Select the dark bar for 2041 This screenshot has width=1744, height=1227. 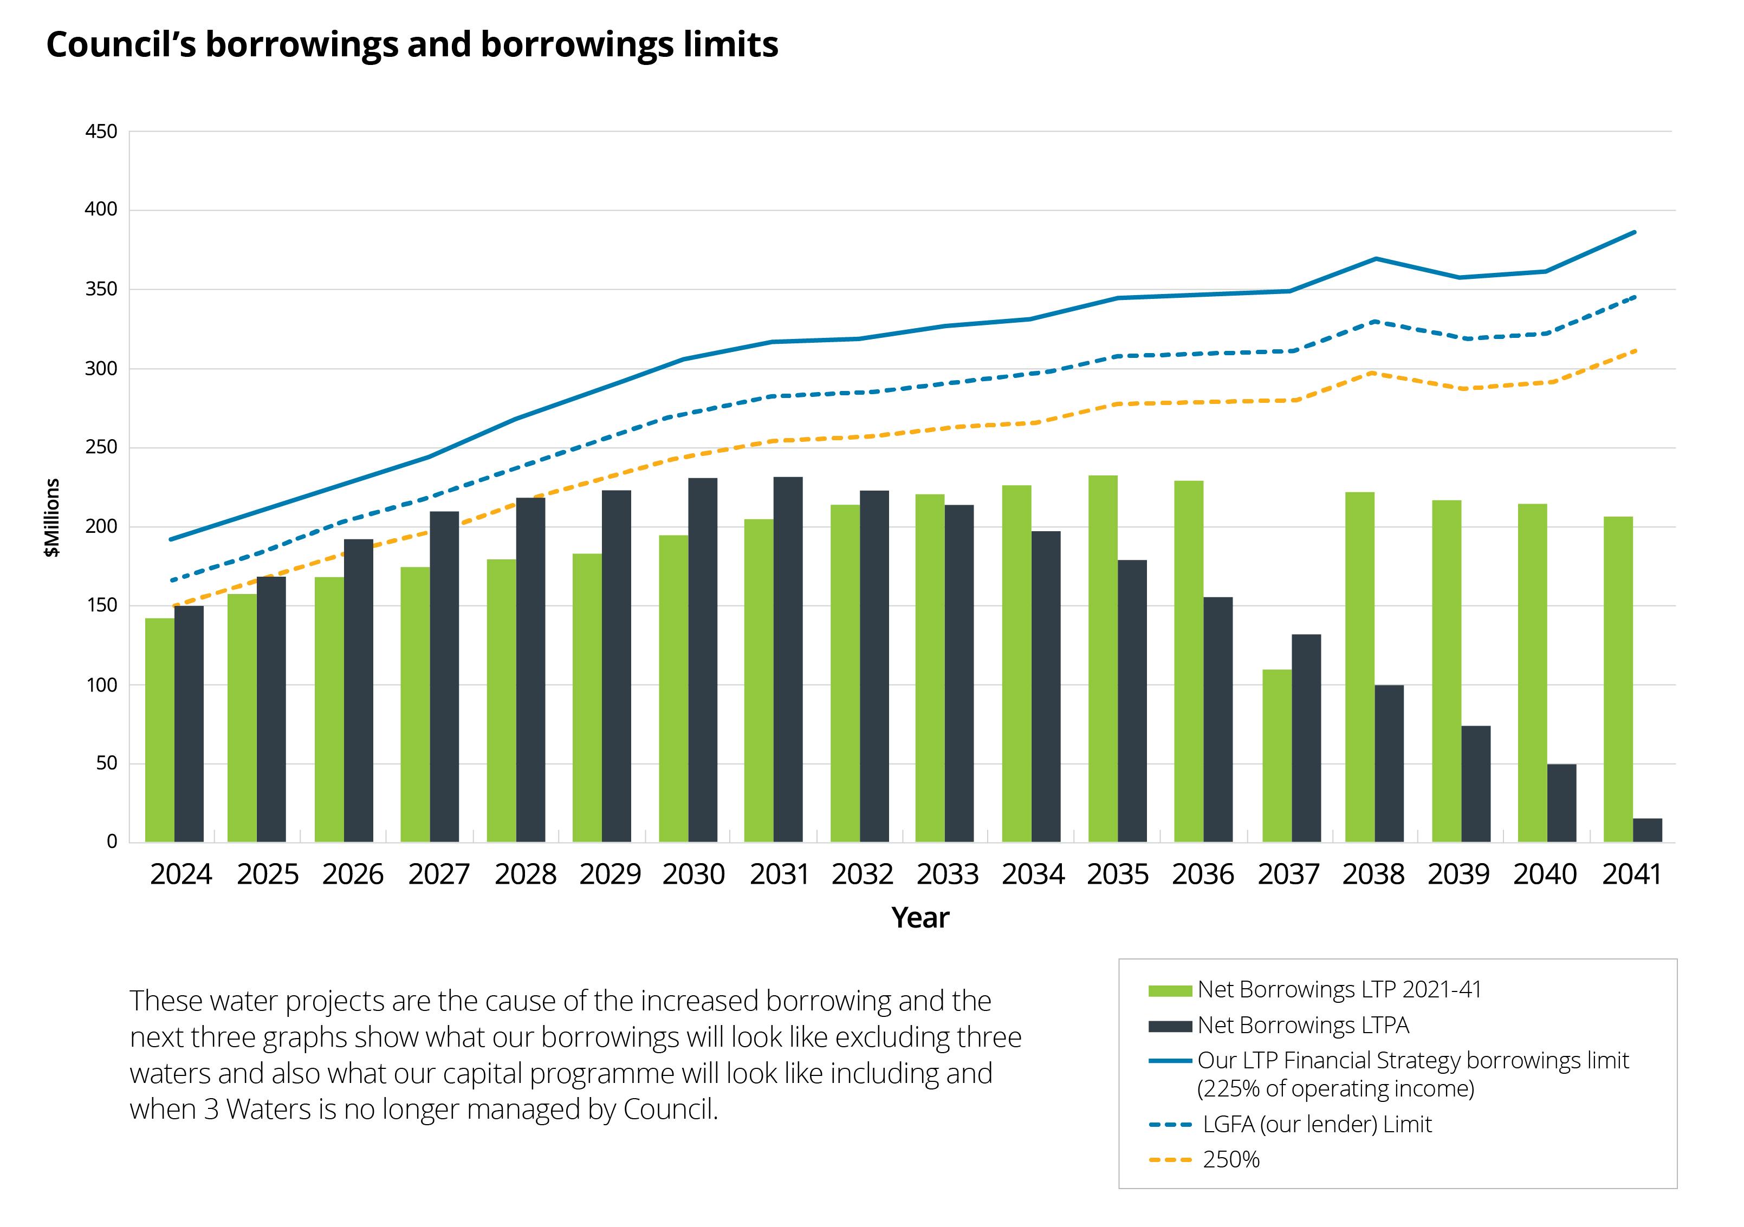point(1648,830)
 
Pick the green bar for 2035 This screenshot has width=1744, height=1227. point(1103,658)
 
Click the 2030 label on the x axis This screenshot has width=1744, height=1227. point(693,874)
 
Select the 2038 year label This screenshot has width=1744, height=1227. point(1373,874)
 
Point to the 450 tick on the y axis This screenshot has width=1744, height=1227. point(101,132)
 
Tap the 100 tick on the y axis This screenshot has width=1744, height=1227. point(101,685)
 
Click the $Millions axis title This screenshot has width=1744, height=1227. point(51,518)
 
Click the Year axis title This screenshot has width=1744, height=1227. point(920,918)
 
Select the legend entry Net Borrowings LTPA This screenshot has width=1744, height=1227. point(1302,1025)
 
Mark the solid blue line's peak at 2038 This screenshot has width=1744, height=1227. point(1376,259)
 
